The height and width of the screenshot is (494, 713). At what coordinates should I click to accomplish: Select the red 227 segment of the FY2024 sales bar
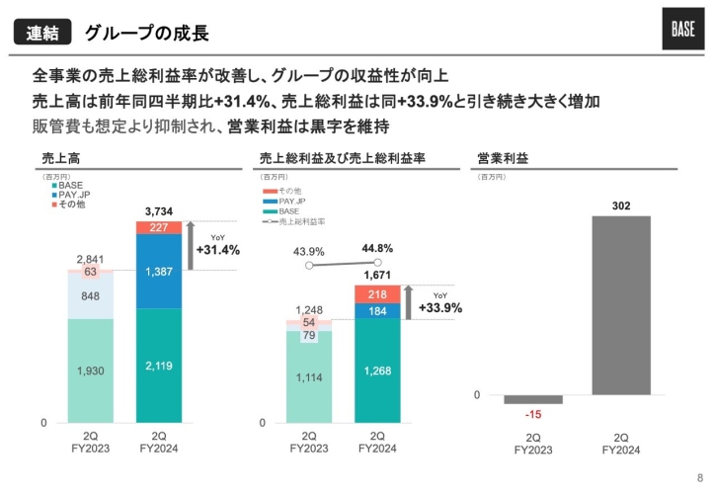(160, 227)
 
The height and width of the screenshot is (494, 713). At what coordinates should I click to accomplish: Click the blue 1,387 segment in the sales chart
(160, 271)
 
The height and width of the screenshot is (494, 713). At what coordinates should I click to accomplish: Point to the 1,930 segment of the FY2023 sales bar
(90, 370)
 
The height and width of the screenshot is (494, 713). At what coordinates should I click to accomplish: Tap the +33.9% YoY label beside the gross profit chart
(440, 307)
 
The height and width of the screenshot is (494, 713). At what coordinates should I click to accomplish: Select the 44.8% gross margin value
(377, 248)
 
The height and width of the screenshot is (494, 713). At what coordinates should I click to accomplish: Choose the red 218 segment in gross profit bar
(378, 294)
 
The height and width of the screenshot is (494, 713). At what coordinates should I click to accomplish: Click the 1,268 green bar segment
(378, 370)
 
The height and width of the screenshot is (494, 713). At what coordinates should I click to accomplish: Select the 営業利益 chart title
(503, 157)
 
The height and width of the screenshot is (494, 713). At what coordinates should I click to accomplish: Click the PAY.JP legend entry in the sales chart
(73, 195)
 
